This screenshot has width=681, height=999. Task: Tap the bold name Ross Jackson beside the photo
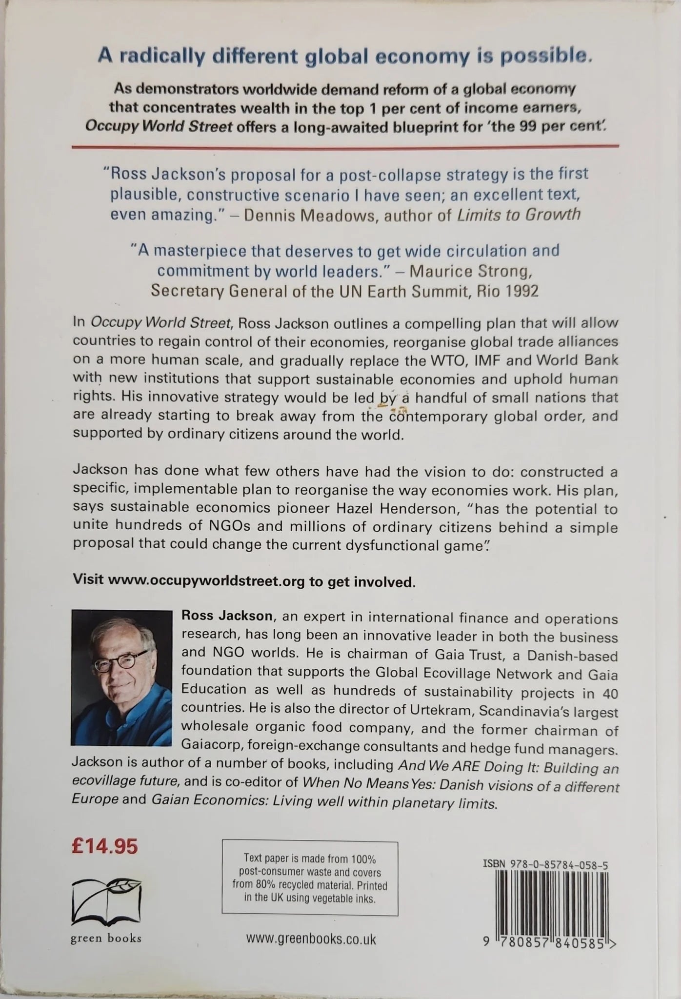[227, 616]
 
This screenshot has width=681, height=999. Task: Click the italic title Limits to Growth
[519, 215]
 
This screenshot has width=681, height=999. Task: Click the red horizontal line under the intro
[345, 145]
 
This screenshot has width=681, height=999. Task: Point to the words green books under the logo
[106, 938]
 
